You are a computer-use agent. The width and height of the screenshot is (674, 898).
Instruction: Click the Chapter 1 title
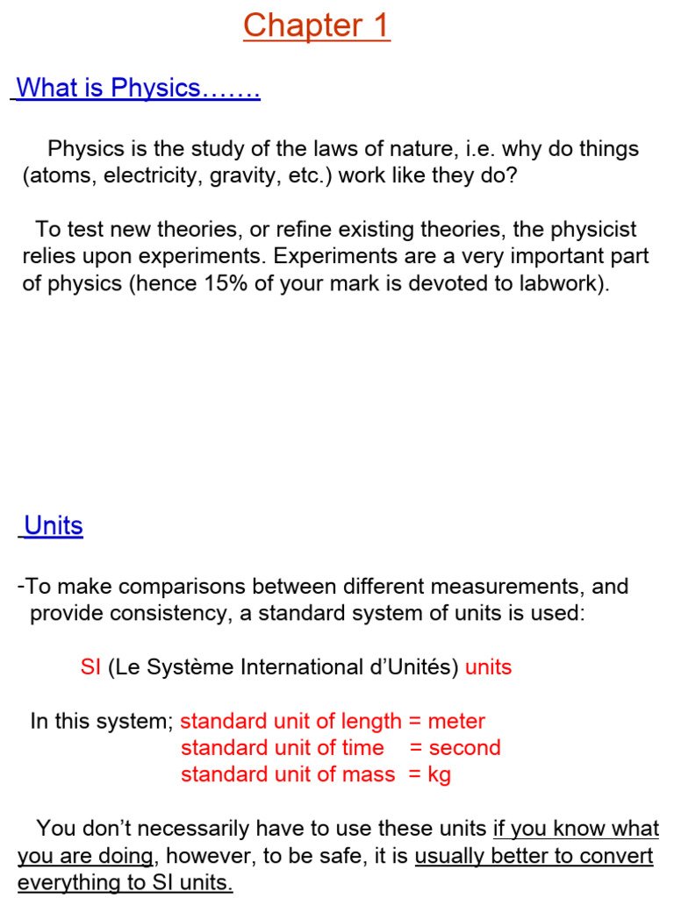coord(317,25)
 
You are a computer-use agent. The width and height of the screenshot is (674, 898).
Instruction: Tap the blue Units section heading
coord(54,526)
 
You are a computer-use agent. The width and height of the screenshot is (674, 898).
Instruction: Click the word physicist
coord(591,230)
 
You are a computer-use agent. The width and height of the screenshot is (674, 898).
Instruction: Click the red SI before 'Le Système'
coord(90,667)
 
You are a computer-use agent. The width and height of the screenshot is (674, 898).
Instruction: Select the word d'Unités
coord(408,667)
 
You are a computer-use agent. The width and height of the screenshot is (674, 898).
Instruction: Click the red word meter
coord(456,722)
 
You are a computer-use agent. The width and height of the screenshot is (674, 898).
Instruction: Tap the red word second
coord(464,748)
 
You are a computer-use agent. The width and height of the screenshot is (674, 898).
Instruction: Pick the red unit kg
coord(438,774)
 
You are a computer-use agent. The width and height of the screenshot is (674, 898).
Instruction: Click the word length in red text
coord(346,722)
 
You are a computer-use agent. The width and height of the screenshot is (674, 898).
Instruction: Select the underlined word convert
coord(619,856)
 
